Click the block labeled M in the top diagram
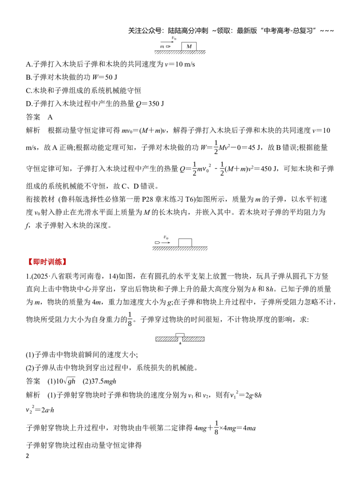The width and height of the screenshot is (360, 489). click(x=189, y=46)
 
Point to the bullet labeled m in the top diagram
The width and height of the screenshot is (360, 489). click(x=168, y=46)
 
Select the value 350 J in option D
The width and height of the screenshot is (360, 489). click(x=156, y=104)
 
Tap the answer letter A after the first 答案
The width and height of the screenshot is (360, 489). click(x=50, y=117)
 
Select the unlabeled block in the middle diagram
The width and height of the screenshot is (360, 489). click(x=185, y=243)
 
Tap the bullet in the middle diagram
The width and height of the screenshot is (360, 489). click(x=157, y=242)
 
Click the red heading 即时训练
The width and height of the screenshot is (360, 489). click(x=47, y=262)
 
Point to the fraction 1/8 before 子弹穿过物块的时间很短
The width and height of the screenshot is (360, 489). click(x=130, y=319)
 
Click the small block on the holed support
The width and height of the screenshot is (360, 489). click(x=180, y=335)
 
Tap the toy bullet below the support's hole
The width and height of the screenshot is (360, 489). click(x=180, y=343)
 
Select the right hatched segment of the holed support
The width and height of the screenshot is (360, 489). click(x=193, y=339)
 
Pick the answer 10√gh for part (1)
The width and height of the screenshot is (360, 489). click(x=66, y=381)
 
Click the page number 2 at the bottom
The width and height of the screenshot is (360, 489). click(x=27, y=456)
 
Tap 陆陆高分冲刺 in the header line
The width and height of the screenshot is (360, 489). click(x=188, y=31)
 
